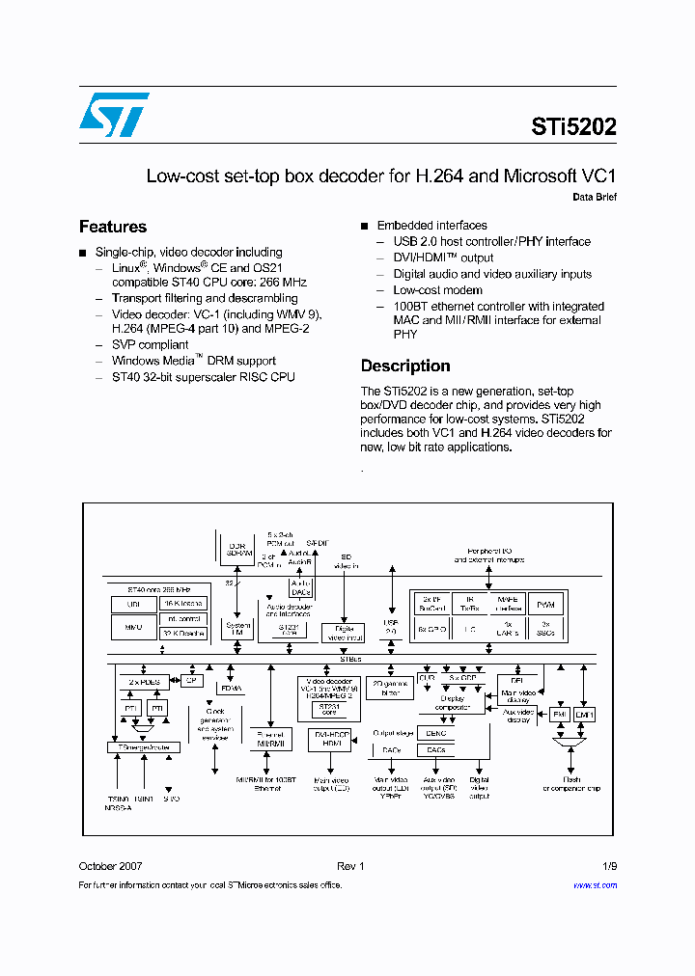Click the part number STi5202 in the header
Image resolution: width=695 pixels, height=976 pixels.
point(573,126)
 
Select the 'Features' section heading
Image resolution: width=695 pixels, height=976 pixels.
point(113,227)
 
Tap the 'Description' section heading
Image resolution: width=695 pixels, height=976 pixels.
point(405,366)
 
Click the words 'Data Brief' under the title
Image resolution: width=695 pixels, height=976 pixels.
point(595,197)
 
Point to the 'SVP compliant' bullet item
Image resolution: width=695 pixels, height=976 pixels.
point(150,344)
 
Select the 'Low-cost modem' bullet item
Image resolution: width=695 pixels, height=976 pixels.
point(437,289)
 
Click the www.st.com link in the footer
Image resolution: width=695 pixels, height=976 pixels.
point(595,884)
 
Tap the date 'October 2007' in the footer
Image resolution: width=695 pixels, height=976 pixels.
point(110,866)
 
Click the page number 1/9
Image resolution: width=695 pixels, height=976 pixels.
point(609,866)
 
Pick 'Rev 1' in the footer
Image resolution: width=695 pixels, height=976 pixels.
point(350,866)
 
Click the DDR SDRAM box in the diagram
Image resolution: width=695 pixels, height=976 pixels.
point(236,551)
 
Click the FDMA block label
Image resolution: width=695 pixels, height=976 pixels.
point(232,689)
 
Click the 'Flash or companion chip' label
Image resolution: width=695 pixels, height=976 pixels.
point(570,784)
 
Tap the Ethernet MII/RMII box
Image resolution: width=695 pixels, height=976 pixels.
point(271,739)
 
